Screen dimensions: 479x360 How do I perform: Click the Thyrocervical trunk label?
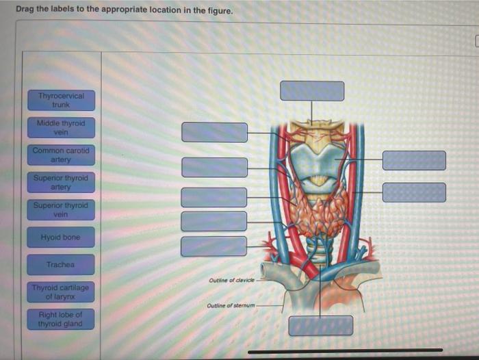pyautogui.click(x=61, y=100)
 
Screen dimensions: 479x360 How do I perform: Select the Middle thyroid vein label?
pyautogui.click(x=61, y=128)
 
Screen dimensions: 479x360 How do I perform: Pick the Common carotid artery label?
pyautogui.click(x=61, y=154)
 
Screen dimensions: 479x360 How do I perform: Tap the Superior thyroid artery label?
pyautogui.click(x=61, y=182)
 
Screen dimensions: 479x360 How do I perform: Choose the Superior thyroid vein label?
pyautogui.click(x=61, y=209)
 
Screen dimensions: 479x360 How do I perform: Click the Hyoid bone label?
pyautogui.click(x=61, y=237)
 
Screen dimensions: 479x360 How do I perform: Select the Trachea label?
pyautogui.click(x=61, y=264)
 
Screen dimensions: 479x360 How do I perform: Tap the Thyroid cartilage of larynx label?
pyautogui.click(x=61, y=292)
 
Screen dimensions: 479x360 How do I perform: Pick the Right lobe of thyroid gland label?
pyautogui.click(x=61, y=319)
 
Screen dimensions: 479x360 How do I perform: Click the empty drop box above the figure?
pyautogui.click(x=312, y=91)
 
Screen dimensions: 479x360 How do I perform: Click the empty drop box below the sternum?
pyautogui.click(x=320, y=326)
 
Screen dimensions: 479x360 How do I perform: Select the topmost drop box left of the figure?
pyautogui.click(x=214, y=132)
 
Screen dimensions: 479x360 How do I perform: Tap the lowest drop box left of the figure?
pyautogui.click(x=213, y=246)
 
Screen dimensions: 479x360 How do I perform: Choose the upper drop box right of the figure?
pyautogui.click(x=414, y=160)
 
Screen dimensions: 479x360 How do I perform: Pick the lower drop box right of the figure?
pyautogui.click(x=414, y=192)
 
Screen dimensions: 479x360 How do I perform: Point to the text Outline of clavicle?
pyautogui.click(x=232, y=281)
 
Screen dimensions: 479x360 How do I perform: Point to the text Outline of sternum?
pyautogui.click(x=231, y=306)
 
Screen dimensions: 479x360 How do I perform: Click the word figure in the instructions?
pyautogui.click(x=209, y=12)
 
